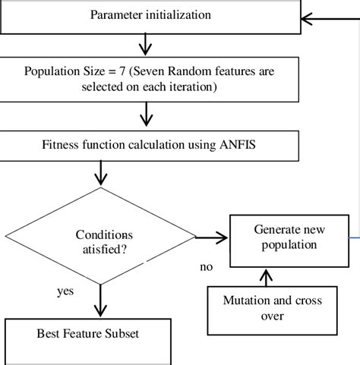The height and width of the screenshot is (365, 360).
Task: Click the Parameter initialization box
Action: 150,15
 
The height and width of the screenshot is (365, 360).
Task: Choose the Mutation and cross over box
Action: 272,309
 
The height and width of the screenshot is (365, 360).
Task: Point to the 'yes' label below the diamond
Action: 65,291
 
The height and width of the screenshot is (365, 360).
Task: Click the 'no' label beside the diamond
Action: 206,267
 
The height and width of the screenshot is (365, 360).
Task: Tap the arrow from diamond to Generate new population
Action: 216,238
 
